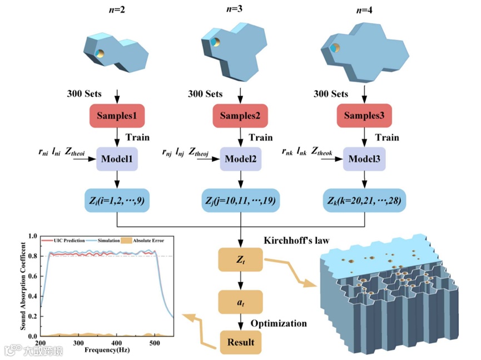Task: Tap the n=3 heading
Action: pos(239,9)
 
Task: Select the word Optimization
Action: pos(279,323)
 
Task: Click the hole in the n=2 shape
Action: pos(100,54)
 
